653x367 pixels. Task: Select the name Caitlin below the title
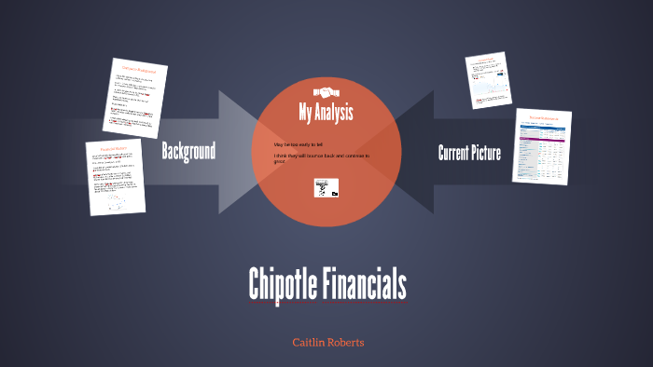coord(309,343)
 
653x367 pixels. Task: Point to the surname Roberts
coord(346,343)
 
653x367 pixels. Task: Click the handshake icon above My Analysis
coord(326,92)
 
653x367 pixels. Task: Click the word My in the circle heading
coord(305,114)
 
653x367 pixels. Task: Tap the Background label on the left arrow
coord(188,151)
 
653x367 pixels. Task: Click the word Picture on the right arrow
coord(485,153)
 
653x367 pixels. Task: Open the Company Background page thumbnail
coord(136,98)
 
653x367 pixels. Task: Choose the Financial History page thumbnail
coord(117,177)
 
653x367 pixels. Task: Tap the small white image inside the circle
coord(326,189)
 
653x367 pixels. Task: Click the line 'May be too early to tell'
coord(298,145)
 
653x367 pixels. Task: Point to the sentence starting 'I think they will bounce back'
coord(321,158)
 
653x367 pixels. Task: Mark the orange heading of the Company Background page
coord(139,70)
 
